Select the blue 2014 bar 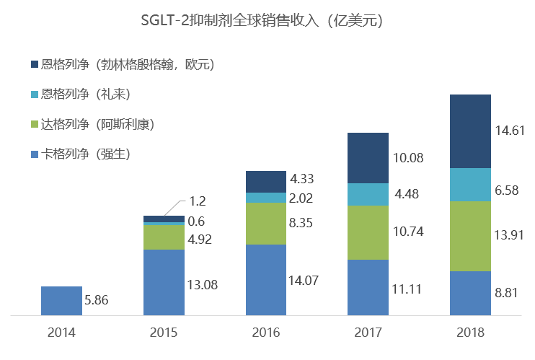(61, 301)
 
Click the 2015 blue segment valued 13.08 (164, 282)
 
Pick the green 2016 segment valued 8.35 (266, 224)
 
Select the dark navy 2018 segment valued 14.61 (470, 131)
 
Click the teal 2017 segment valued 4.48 (368, 195)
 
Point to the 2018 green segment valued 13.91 (470, 236)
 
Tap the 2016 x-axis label (266, 333)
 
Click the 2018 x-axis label (470, 333)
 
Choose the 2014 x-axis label (61, 333)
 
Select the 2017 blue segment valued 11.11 (368, 287)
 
